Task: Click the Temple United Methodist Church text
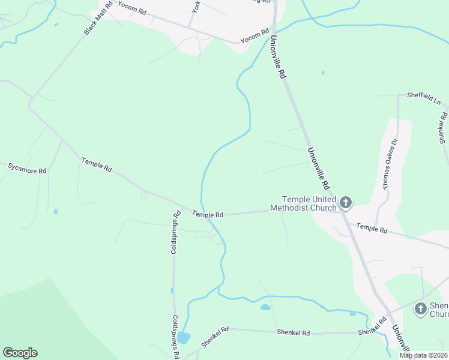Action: pyautogui.click(x=303, y=203)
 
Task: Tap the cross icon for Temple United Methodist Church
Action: pyautogui.click(x=345, y=203)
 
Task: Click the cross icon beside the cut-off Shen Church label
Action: pyautogui.click(x=420, y=308)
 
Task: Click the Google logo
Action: pyautogui.click(x=20, y=353)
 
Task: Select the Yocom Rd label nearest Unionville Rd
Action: pyautogui.click(x=255, y=36)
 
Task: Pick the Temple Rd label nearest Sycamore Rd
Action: pyautogui.click(x=97, y=165)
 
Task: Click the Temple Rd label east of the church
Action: pyautogui.click(x=372, y=228)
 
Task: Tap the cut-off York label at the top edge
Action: pyautogui.click(x=196, y=6)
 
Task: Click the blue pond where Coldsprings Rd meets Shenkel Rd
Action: pyautogui.click(x=184, y=338)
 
